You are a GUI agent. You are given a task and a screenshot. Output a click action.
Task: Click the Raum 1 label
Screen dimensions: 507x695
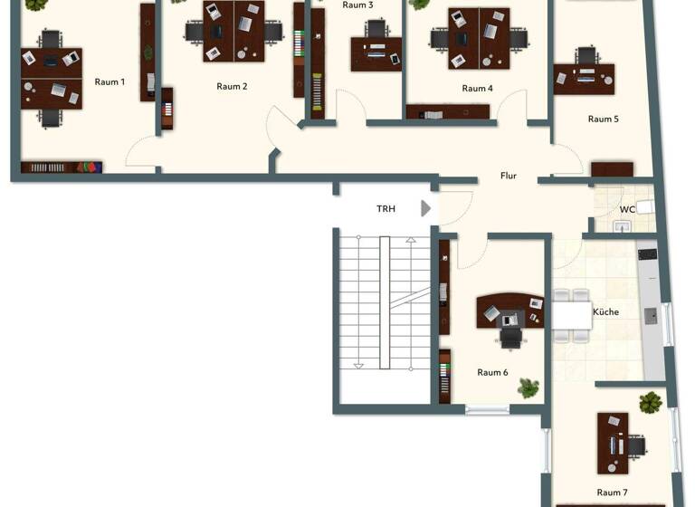(x=109, y=82)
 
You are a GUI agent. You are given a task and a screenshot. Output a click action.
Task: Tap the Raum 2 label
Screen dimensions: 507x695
(x=232, y=87)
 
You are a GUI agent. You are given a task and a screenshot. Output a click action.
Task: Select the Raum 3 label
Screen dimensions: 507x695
(x=357, y=5)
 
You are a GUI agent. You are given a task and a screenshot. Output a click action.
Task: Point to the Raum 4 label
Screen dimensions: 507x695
(x=477, y=89)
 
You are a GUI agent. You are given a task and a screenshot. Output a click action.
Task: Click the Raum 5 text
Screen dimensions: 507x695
(x=603, y=120)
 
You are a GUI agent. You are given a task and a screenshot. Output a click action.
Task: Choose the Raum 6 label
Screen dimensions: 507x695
(x=492, y=372)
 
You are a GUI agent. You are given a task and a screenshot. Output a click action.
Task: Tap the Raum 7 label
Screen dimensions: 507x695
(x=612, y=493)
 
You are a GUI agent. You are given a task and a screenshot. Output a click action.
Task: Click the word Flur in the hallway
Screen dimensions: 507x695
(x=509, y=176)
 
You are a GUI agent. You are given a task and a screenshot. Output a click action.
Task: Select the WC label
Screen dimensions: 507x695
(x=626, y=210)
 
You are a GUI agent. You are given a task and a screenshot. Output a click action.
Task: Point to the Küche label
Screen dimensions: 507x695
(x=605, y=312)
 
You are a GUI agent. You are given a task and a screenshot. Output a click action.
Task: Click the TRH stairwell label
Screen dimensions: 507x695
(x=386, y=209)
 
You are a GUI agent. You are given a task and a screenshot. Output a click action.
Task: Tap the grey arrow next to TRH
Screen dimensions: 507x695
(x=426, y=209)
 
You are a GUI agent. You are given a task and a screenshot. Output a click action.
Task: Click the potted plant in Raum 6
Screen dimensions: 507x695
(x=528, y=387)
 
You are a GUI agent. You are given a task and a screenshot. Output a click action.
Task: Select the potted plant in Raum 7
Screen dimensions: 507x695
(x=651, y=401)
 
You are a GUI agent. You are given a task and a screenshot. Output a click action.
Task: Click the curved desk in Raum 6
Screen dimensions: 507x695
(x=509, y=311)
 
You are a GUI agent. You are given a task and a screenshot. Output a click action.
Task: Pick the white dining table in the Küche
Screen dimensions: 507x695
(x=570, y=314)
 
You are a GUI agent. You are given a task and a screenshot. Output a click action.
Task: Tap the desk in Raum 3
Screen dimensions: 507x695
(x=376, y=54)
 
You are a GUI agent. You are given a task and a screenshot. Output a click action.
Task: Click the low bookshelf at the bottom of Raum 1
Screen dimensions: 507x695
(x=61, y=167)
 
